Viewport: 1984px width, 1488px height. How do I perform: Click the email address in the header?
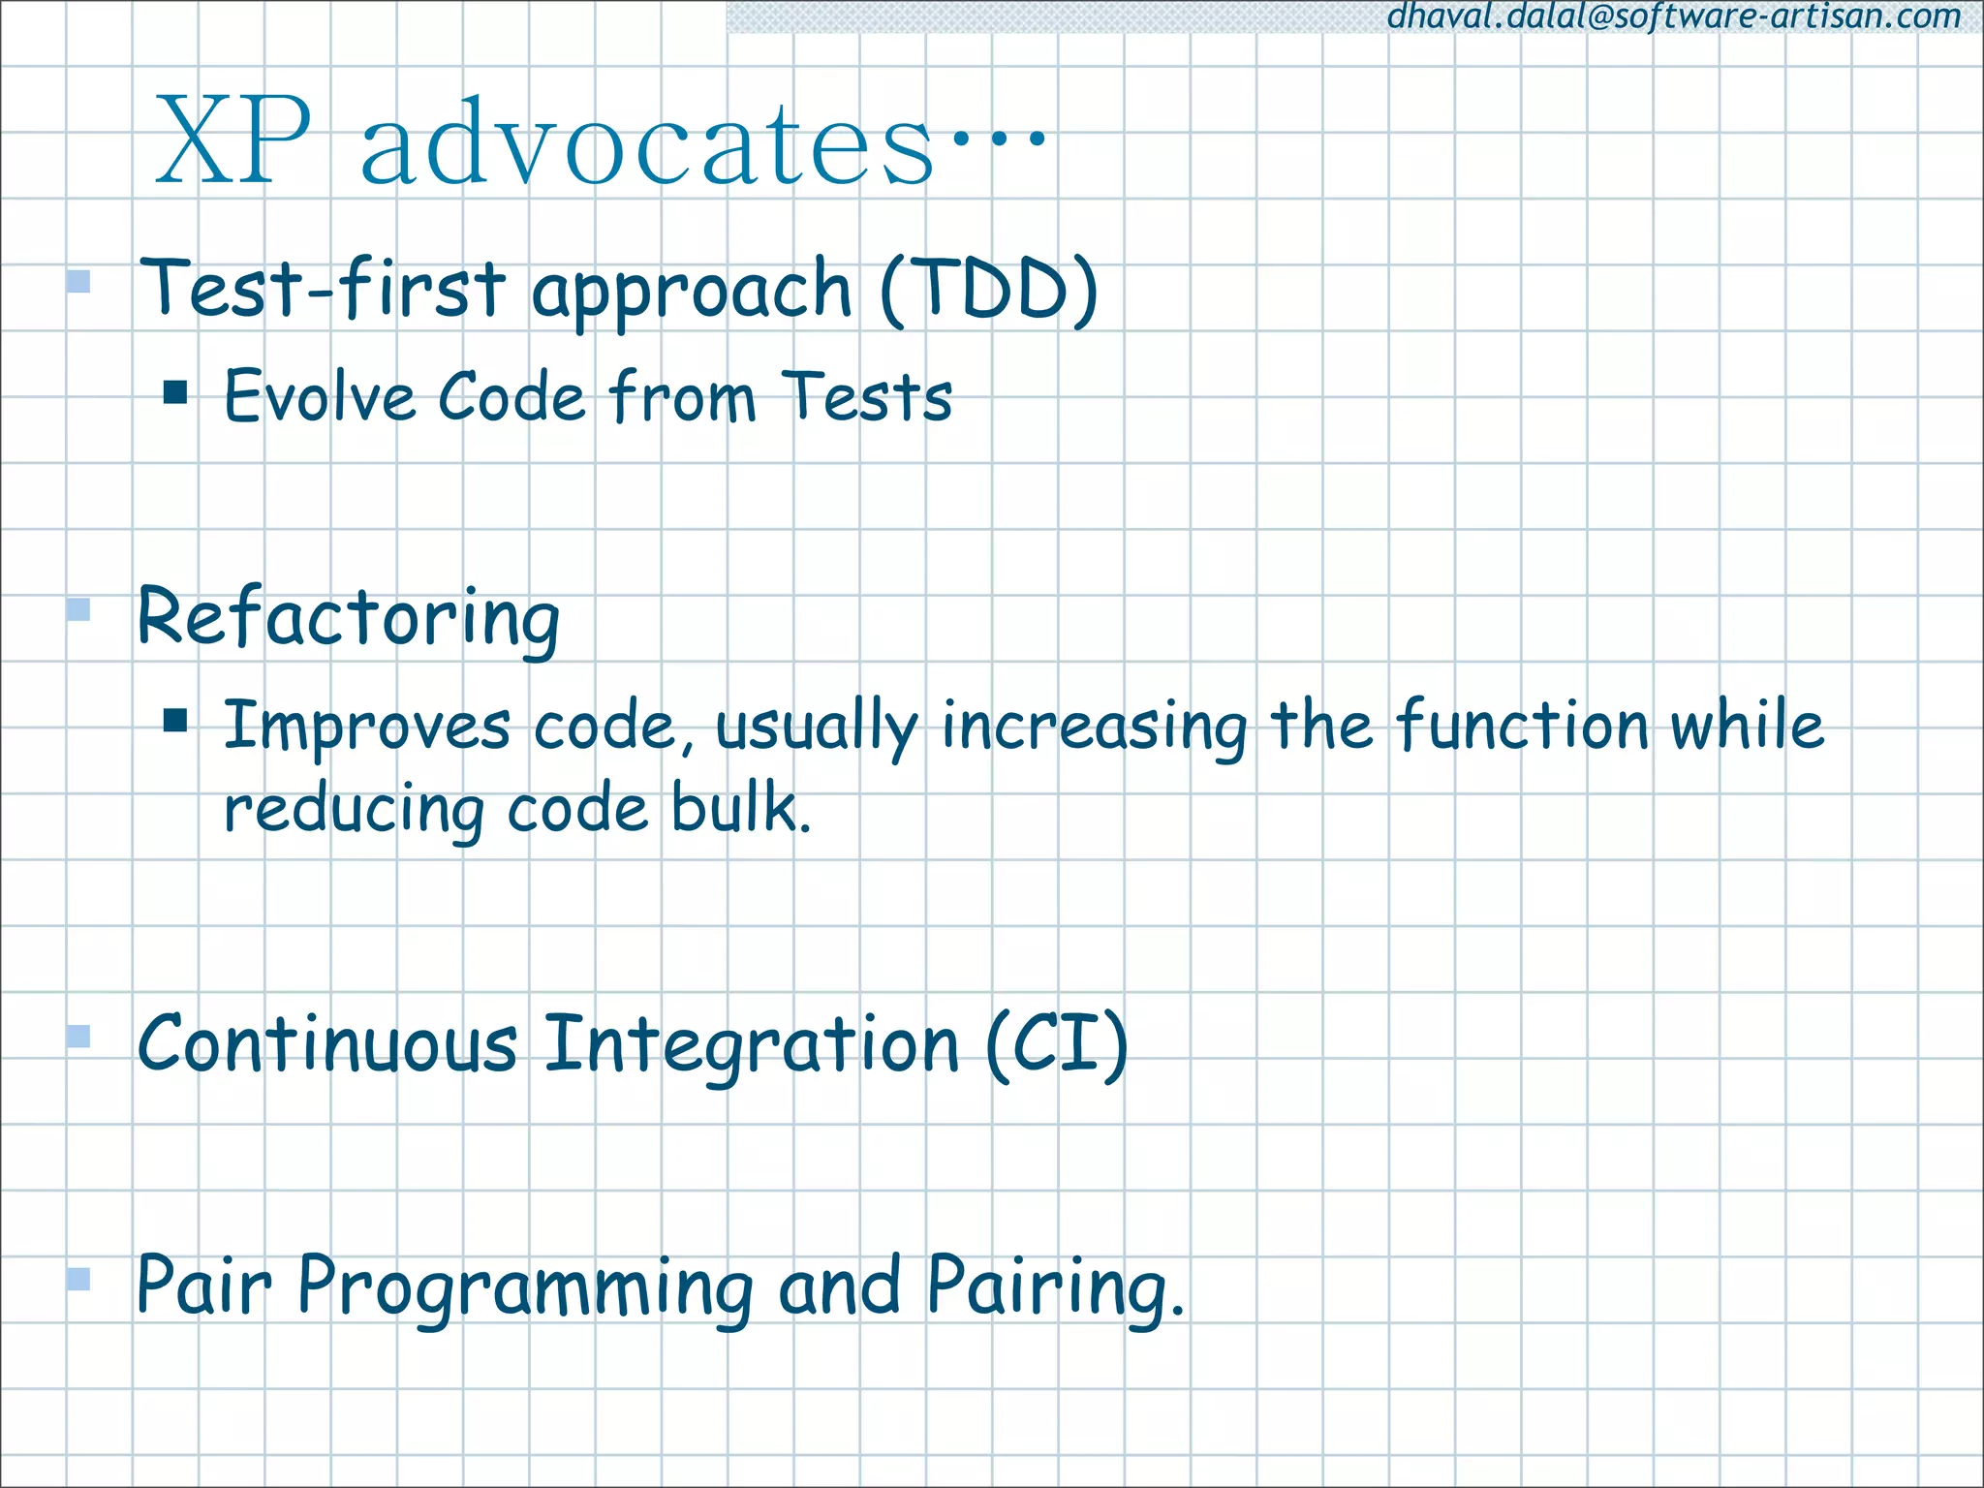pos(1673,16)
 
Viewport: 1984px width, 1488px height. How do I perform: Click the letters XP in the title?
pos(233,143)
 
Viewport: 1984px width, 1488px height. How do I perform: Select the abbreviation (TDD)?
pos(989,289)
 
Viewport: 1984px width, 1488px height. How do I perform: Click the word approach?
pos(691,291)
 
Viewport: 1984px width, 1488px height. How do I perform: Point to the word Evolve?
pos(320,397)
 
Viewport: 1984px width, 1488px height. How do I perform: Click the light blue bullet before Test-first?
pos(78,282)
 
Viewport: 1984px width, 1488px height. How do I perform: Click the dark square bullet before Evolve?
pos(175,391)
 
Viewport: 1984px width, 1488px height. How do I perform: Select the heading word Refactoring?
pos(349,617)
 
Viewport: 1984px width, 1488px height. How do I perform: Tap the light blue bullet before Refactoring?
pos(78,609)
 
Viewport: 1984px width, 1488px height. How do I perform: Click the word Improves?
pos(366,727)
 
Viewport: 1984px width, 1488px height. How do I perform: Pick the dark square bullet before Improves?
pos(175,720)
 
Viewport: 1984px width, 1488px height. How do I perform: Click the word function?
pos(1522,725)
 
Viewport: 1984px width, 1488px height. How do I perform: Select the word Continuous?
pos(327,1044)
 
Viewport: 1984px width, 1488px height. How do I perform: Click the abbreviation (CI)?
pos(1057,1044)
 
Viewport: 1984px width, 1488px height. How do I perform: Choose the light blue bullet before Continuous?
pos(78,1037)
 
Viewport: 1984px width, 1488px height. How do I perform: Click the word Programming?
pos(524,1288)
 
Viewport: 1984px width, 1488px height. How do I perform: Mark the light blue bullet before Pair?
pos(78,1280)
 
